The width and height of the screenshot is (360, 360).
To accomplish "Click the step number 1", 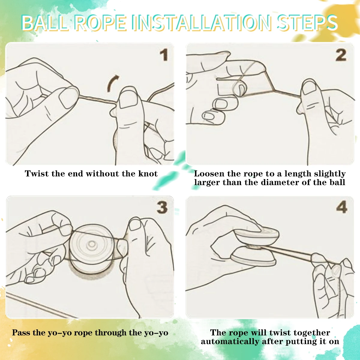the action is coord(164,55).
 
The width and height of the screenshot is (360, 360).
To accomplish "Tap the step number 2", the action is coord(341,55).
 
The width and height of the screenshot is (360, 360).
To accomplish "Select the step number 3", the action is coord(162,208).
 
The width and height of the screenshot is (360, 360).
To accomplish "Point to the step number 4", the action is coord(342,207).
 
